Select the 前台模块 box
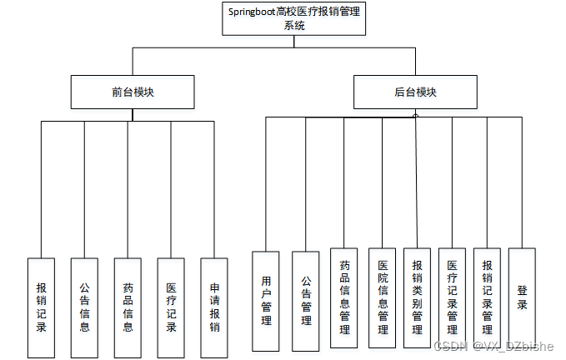133,92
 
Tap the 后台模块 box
416,92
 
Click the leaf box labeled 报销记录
41,307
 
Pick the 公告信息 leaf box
84,307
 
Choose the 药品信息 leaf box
128,307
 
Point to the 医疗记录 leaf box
171,307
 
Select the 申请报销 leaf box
214,307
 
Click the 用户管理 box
266,301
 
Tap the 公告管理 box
305,301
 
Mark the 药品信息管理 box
343,297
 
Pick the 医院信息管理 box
382,297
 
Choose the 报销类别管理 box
417,297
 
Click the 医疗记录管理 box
452,297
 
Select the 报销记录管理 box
487,297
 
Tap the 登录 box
522,297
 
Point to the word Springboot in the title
253,12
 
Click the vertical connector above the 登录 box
522,183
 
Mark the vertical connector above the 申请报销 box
214,190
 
